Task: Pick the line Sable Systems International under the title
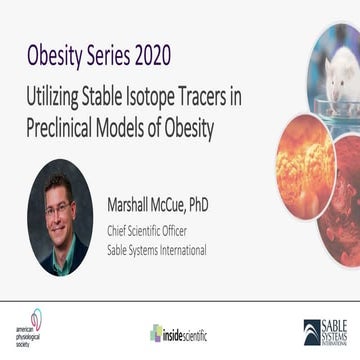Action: pyautogui.click(x=157, y=249)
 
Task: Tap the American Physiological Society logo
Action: pyautogui.click(x=31, y=326)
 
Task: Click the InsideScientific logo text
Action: pyautogui.click(x=186, y=332)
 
